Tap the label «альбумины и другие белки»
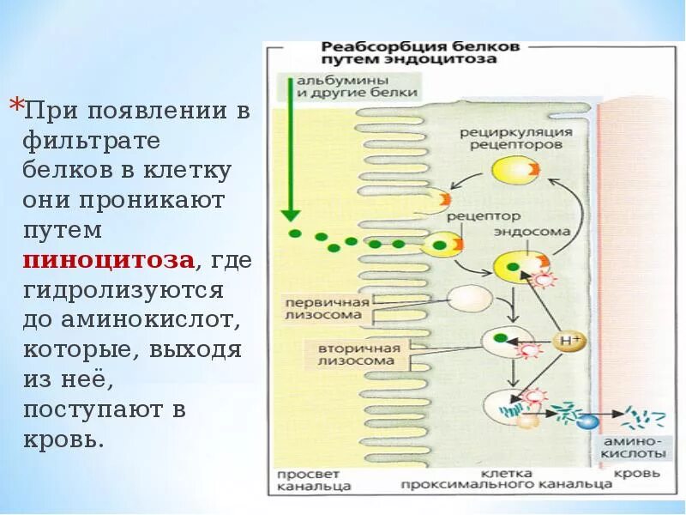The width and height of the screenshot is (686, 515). click(357, 86)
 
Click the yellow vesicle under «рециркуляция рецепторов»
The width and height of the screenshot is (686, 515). click(512, 168)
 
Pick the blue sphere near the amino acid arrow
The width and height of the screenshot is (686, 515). click(587, 421)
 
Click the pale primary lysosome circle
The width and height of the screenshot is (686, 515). click(470, 298)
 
